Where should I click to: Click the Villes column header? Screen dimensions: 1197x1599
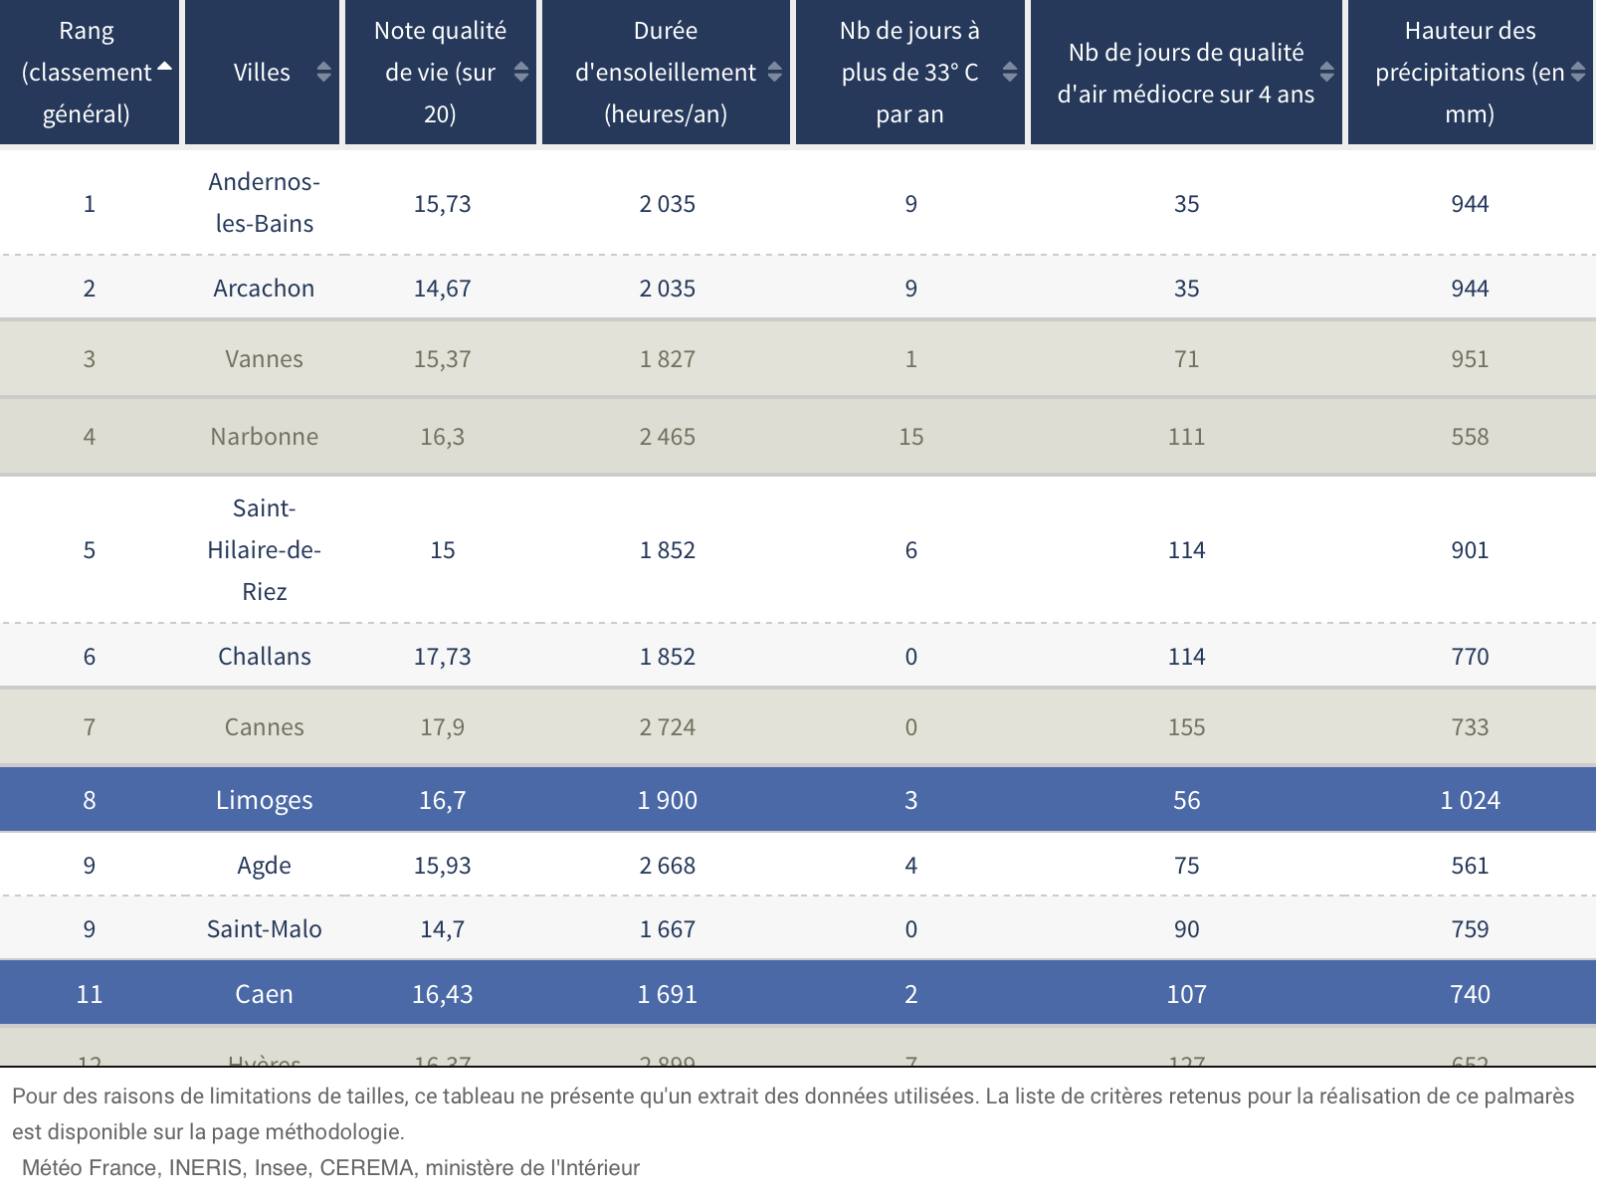(262, 73)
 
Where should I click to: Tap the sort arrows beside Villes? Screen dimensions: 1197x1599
(323, 72)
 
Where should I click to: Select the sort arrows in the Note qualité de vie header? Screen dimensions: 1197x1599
(520, 72)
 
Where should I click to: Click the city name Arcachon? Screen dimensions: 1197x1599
(264, 289)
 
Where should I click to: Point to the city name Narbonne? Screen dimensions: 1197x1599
(264, 437)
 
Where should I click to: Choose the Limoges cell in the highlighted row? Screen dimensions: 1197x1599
(264, 800)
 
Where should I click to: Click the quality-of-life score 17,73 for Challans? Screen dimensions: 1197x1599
(442, 657)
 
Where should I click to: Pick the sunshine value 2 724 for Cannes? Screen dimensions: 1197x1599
(667, 727)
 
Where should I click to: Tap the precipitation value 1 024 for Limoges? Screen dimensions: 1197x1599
(1470, 800)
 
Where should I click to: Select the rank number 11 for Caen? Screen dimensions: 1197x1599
(90, 994)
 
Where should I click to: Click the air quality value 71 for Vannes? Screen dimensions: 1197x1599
(1186, 359)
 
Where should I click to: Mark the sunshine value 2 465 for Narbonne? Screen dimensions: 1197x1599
(667, 437)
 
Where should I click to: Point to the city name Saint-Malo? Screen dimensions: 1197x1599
(264, 929)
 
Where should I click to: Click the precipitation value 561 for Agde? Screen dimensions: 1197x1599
(1470, 866)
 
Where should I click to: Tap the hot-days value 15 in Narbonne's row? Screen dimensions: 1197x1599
(910, 437)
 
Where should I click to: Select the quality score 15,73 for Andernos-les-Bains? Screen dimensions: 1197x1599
(442, 204)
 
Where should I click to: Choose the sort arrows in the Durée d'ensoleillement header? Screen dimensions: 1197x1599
(774, 72)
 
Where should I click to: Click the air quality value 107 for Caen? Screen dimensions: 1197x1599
(1186, 994)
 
